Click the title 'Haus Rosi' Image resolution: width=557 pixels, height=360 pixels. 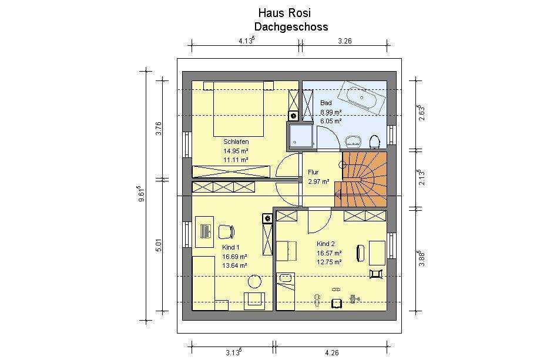point(284,13)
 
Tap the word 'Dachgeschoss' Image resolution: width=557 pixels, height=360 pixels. point(291,27)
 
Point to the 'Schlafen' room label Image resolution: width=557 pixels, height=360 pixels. point(236,142)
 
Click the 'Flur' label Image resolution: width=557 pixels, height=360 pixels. point(313,172)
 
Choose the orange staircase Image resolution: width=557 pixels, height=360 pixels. point(361,179)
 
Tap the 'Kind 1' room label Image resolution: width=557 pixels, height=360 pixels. point(230,247)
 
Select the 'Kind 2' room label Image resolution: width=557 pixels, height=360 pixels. point(326,244)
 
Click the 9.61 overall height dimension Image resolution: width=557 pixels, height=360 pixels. point(142,194)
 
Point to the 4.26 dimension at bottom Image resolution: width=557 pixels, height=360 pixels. point(331,353)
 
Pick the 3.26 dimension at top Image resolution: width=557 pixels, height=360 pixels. point(344,41)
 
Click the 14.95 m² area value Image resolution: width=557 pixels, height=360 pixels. point(236,150)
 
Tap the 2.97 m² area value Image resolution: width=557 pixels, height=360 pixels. point(318,181)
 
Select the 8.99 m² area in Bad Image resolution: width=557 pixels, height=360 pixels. point(331,112)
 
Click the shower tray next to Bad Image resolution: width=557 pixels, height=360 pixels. point(301,135)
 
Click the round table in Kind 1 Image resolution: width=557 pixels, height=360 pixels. point(254,282)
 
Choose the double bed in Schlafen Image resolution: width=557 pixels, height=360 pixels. point(239,109)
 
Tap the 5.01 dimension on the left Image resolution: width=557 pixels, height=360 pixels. point(159,245)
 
